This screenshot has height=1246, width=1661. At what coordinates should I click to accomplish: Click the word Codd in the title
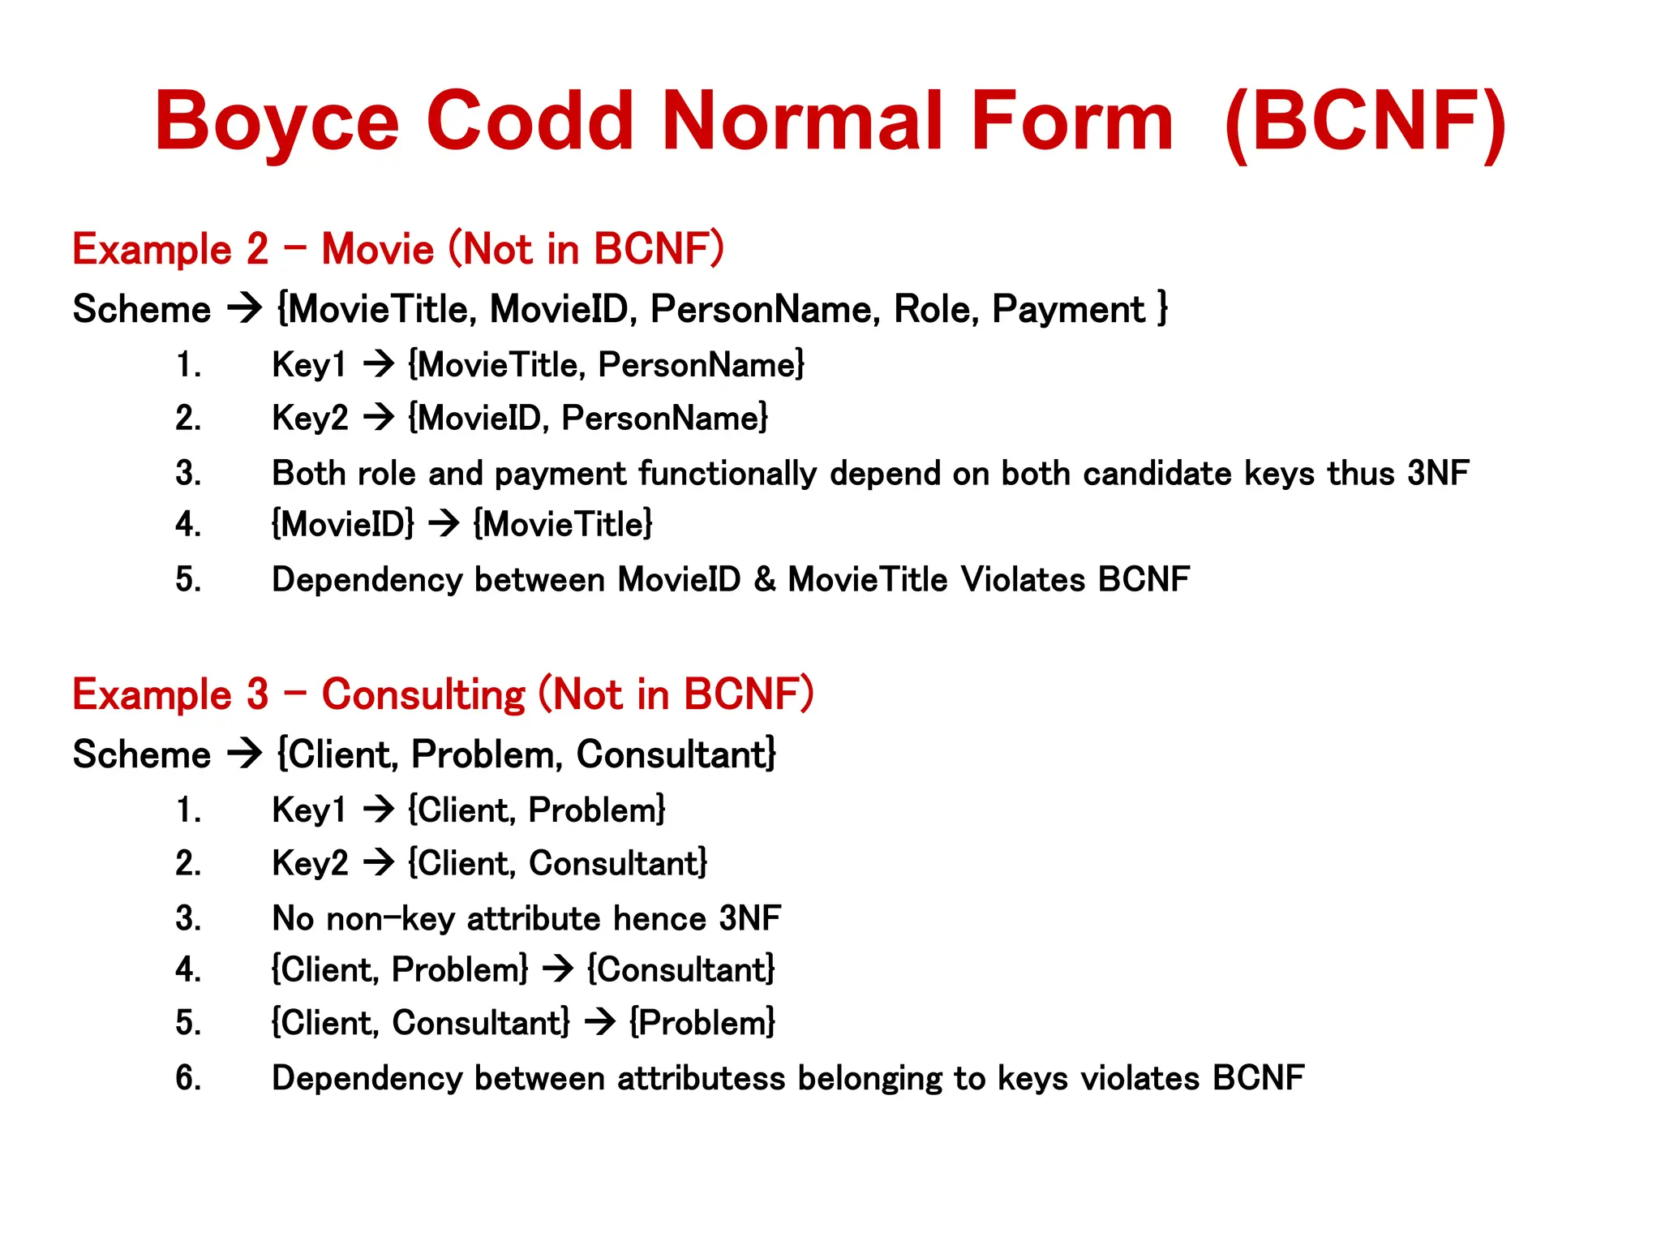(x=529, y=122)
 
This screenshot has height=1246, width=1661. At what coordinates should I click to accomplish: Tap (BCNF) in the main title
(x=1365, y=122)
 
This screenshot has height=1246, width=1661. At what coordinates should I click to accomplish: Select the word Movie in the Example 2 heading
(x=378, y=249)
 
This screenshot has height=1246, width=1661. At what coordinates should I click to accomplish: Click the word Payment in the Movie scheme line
(x=1068, y=309)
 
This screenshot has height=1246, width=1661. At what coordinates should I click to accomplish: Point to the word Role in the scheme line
(x=934, y=309)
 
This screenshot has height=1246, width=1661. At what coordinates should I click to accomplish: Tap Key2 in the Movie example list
(x=310, y=419)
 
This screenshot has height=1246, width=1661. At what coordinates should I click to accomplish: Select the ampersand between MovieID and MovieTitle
(x=764, y=579)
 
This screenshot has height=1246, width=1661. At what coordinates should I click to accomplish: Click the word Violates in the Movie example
(x=1023, y=579)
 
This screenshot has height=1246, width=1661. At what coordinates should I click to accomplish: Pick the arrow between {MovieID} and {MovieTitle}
(x=444, y=525)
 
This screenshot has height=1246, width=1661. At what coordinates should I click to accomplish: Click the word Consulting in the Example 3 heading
(x=423, y=695)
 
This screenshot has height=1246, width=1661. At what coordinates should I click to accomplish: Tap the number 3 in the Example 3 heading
(x=257, y=695)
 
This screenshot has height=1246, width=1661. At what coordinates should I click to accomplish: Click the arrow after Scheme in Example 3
(x=244, y=754)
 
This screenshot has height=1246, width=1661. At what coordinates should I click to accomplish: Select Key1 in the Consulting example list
(x=309, y=810)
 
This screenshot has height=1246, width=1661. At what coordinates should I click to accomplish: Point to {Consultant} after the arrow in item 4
(x=680, y=970)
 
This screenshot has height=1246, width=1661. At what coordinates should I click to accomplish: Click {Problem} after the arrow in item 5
(x=702, y=1023)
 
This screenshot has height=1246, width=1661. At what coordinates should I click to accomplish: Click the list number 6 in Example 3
(x=187, y=1078)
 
